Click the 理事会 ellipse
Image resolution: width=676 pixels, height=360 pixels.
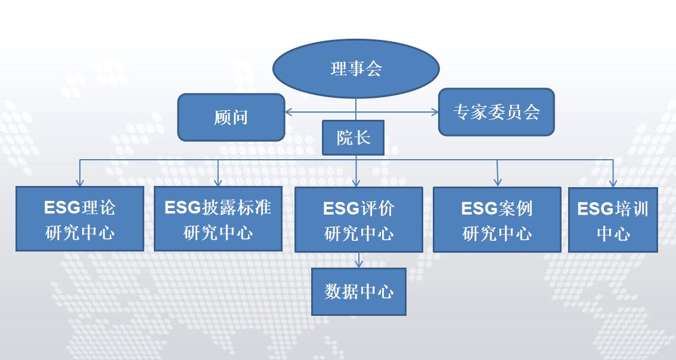pyautogui.click(x=356, y=69)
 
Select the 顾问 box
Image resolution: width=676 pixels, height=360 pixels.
pyautogui.click(x=231, y=117)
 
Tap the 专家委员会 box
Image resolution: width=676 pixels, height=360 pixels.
pyautogui.click(x=496, y=112)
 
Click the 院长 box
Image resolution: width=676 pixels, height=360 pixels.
pyautogui.click(x=353, y=138)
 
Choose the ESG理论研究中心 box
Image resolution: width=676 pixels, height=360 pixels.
pyautogui.click(x=80, y=219)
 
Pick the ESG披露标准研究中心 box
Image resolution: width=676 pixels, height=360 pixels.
pyautogui.click(x=218, y=219)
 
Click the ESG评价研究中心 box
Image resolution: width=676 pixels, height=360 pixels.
pyautogui.click(x=359, y=219)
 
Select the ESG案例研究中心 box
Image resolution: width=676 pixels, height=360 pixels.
pyautogui.click(x=497, y=219)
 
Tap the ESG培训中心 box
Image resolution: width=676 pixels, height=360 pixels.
pyautogui.click(x=613, y=220)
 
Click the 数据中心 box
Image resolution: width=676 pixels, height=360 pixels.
pyautogui.click(x=359, y=292)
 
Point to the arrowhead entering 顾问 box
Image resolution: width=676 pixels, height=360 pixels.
pyautogui.click(x=289, y=112)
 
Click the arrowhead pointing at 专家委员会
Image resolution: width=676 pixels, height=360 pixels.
pyautogui.click(x=435, y=112)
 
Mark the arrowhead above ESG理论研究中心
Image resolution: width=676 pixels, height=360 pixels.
pyautogui.click(x=79, y=182)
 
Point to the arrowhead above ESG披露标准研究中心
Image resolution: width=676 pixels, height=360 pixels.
pyautogui.click(x=218, y=182)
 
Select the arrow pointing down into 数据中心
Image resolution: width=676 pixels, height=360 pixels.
pyautogui.click(x=359, y=260)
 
